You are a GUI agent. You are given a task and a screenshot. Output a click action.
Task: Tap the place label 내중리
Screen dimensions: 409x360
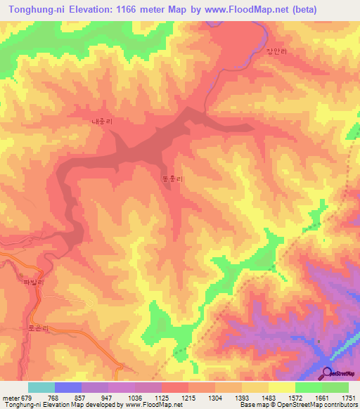[x=102, y=121]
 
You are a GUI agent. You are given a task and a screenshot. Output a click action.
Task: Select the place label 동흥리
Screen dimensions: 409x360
[x=172, y=179]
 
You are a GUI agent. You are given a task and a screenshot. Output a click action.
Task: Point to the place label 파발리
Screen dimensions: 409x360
[x=34, y=283]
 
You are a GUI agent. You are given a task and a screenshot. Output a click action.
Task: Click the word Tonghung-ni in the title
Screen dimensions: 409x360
[x=42, y=10]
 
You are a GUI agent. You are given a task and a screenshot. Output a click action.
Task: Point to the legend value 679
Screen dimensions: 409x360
[x=24, y=397]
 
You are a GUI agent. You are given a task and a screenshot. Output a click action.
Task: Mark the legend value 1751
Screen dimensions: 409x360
[x=348, y=397]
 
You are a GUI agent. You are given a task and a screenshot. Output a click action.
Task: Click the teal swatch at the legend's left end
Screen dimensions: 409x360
[x=41, y=387]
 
